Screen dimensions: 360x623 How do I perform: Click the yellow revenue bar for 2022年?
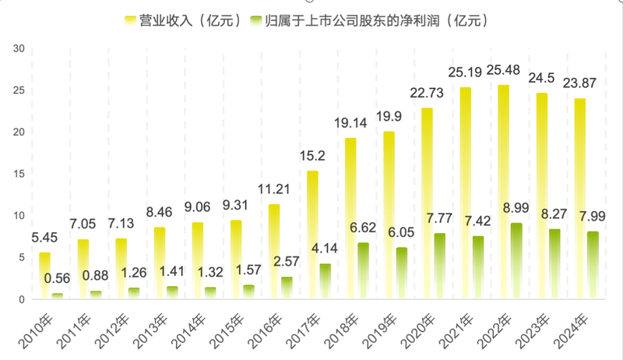504,192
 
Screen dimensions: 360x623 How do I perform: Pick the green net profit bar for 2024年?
593,265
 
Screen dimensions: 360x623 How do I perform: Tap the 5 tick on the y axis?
23,257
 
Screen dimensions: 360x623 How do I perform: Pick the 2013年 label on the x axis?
151,325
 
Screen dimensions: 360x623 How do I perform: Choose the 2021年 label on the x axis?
456,325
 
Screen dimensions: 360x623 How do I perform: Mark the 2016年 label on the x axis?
266,325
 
